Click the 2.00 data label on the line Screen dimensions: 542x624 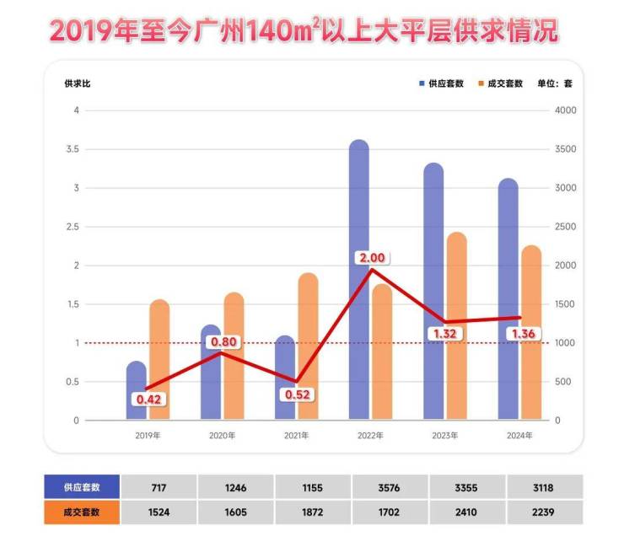372,258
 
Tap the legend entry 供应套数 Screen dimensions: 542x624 440,83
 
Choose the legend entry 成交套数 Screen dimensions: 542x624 500,83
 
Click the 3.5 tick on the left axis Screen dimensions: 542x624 76,149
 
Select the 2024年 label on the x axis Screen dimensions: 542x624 519,436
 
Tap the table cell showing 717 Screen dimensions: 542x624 159,486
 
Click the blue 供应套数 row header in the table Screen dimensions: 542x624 81,486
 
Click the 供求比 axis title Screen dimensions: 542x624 77,83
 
